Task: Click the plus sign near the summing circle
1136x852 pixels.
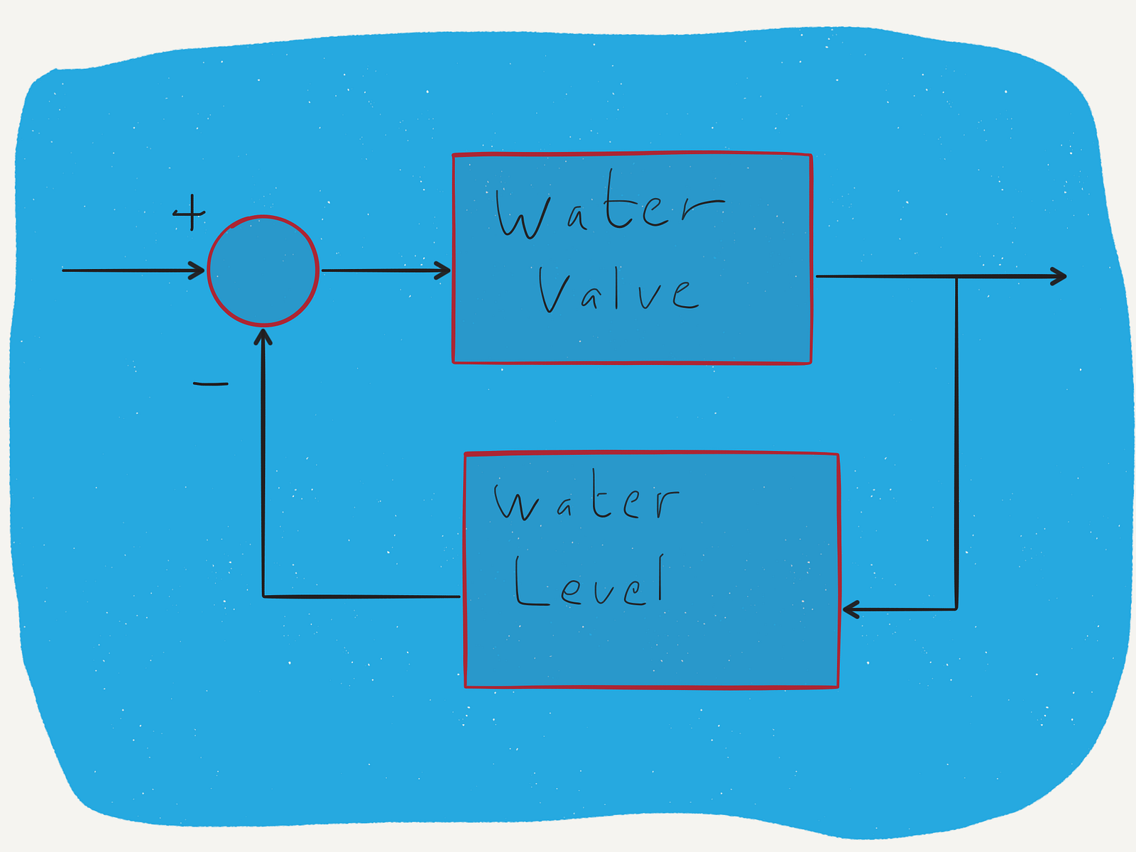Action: coord(190,212)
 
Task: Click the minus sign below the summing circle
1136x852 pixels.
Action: coord(210,384)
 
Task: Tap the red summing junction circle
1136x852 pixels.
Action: coord(263,271)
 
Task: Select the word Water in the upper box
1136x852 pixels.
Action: coord(609,204)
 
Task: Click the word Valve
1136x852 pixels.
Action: coord(618,290)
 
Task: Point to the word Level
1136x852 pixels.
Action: coord(589,580)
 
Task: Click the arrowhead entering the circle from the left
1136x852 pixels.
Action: coord(197,271)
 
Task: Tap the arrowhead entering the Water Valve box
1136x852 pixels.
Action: coord(442,271)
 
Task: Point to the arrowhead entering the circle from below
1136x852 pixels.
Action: coord(263,337)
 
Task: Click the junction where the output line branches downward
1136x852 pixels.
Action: coord(956,277)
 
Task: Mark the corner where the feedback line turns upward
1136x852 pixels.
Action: coord(263,596)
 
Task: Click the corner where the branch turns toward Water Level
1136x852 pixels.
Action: coord(956,609)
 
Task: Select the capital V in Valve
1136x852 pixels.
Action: coord(554,290)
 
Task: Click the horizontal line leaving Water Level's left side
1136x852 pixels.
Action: coord(362,596)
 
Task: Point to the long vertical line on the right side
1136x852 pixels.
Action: coord(956,443)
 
